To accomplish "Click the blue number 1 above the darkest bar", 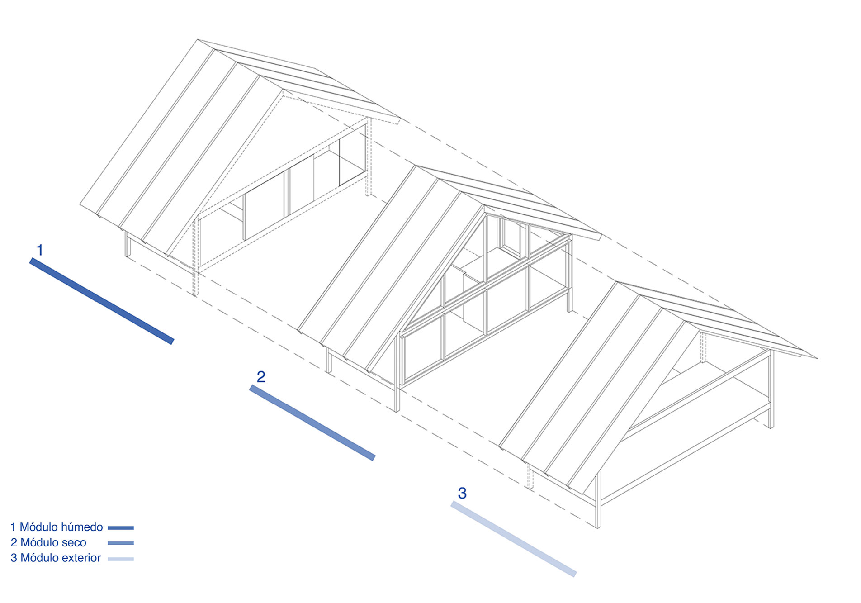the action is pyautogui.click(x=40, y=250).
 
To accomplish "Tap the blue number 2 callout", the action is pyautogui.click(x=261, y=376).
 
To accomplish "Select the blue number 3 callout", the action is pyautogui.click(x=462, y=493).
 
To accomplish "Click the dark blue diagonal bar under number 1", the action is pyautogui.click(x=101, y=301).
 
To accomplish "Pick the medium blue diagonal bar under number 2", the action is pyautogui.click(x=312, y=423).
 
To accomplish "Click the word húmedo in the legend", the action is pyautogui.click(x=82, y=527).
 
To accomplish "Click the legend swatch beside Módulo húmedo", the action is pyautogui.click(x=121, y=527).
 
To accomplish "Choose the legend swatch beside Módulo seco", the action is pyautogui.click(x=121, y=543).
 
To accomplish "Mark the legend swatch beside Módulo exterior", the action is pyautogui.click(x=121, y=559).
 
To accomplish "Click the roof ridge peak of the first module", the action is pyautogui.click(x=198, y=40).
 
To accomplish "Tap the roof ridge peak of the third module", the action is pyautogui.click(x=618, y=283).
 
